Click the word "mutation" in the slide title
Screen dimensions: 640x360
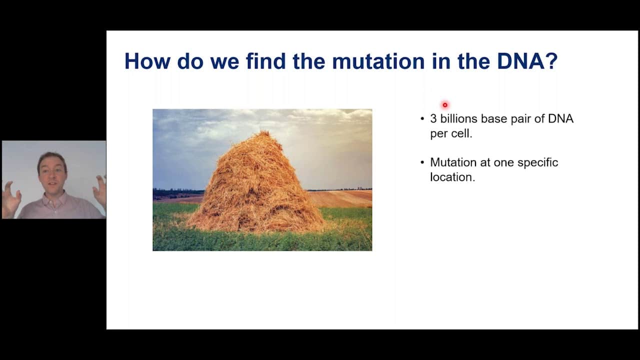(x=378, y=61)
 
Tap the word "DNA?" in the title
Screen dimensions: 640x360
(x=527, y=61)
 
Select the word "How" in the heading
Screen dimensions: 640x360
(x=147, y=61)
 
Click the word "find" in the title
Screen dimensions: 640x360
(x=265, y=61)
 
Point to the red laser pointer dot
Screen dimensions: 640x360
(x=445, y=105)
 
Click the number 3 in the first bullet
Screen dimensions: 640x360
(x=433, y=119)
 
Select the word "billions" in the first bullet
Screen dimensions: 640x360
(x=459, y=118)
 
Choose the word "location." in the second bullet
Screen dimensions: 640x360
(x=452, y=177)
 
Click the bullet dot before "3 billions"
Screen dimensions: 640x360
(x=422, y=119)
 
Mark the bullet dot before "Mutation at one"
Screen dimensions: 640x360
(x=422, y=163)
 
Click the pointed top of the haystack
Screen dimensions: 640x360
(x=263, y=132)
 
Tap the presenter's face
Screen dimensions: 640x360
(x=52, y=173)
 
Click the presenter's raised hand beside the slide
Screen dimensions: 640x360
(x=100, y=191)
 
